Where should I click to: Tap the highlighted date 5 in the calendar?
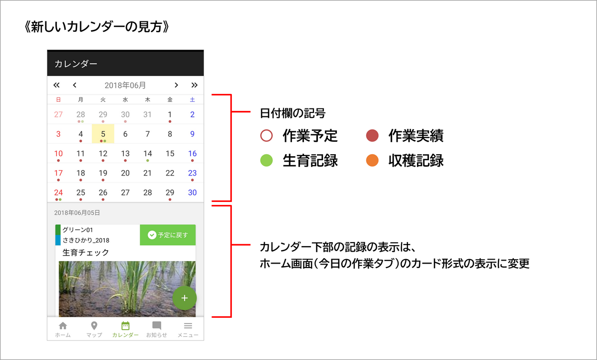pos(103,134)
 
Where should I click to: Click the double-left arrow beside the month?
pos(56,85)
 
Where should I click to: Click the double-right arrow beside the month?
pos(195,85)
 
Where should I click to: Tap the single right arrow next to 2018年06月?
pos(176,85)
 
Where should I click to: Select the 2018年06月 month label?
pos(125,85)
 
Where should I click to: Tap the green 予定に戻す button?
pos(168,235)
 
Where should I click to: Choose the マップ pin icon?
pos(94,326)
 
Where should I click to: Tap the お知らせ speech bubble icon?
pos(156,325)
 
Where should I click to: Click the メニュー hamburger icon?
pos(188,326)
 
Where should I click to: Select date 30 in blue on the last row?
pos(192,192)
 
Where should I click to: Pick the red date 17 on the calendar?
pos(58,173)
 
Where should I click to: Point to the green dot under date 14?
pos(147,161)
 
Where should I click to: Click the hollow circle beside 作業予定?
pos(266,135)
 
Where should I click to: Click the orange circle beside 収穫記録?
pos(372,160)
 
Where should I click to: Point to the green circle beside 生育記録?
pos(266,160)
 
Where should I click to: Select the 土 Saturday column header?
pos(192,99)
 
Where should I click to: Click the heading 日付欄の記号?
pos(293,113)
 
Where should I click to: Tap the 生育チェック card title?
pos(86,252)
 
